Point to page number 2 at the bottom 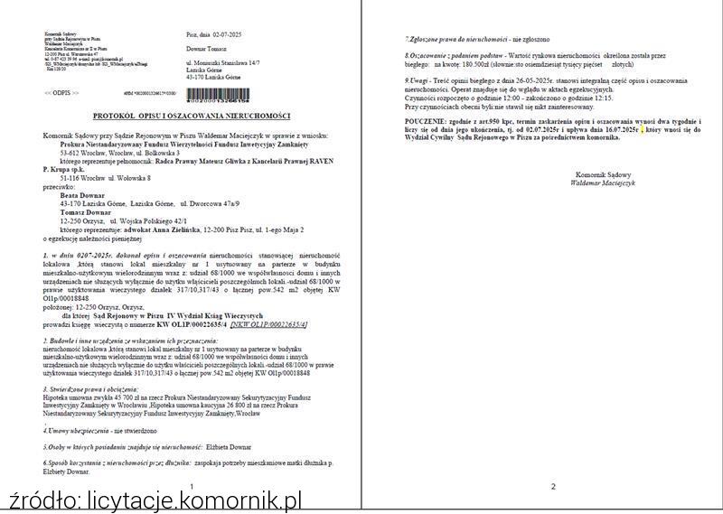[x=553, y=487]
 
